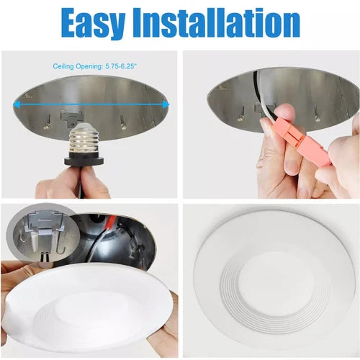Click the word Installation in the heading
pos(217,23)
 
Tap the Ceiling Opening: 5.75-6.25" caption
pos(95,66)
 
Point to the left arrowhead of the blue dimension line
pos(16,104)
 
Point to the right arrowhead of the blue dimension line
pos(166,104)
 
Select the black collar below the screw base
pos(84,161)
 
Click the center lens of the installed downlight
pos(276,284)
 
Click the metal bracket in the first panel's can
pos(71,117)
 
